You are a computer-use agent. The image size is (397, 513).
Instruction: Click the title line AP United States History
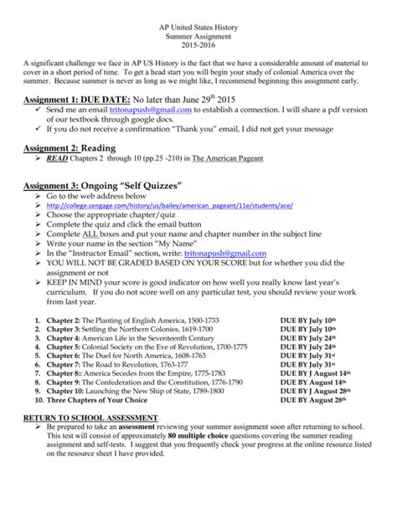pos(198,27)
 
